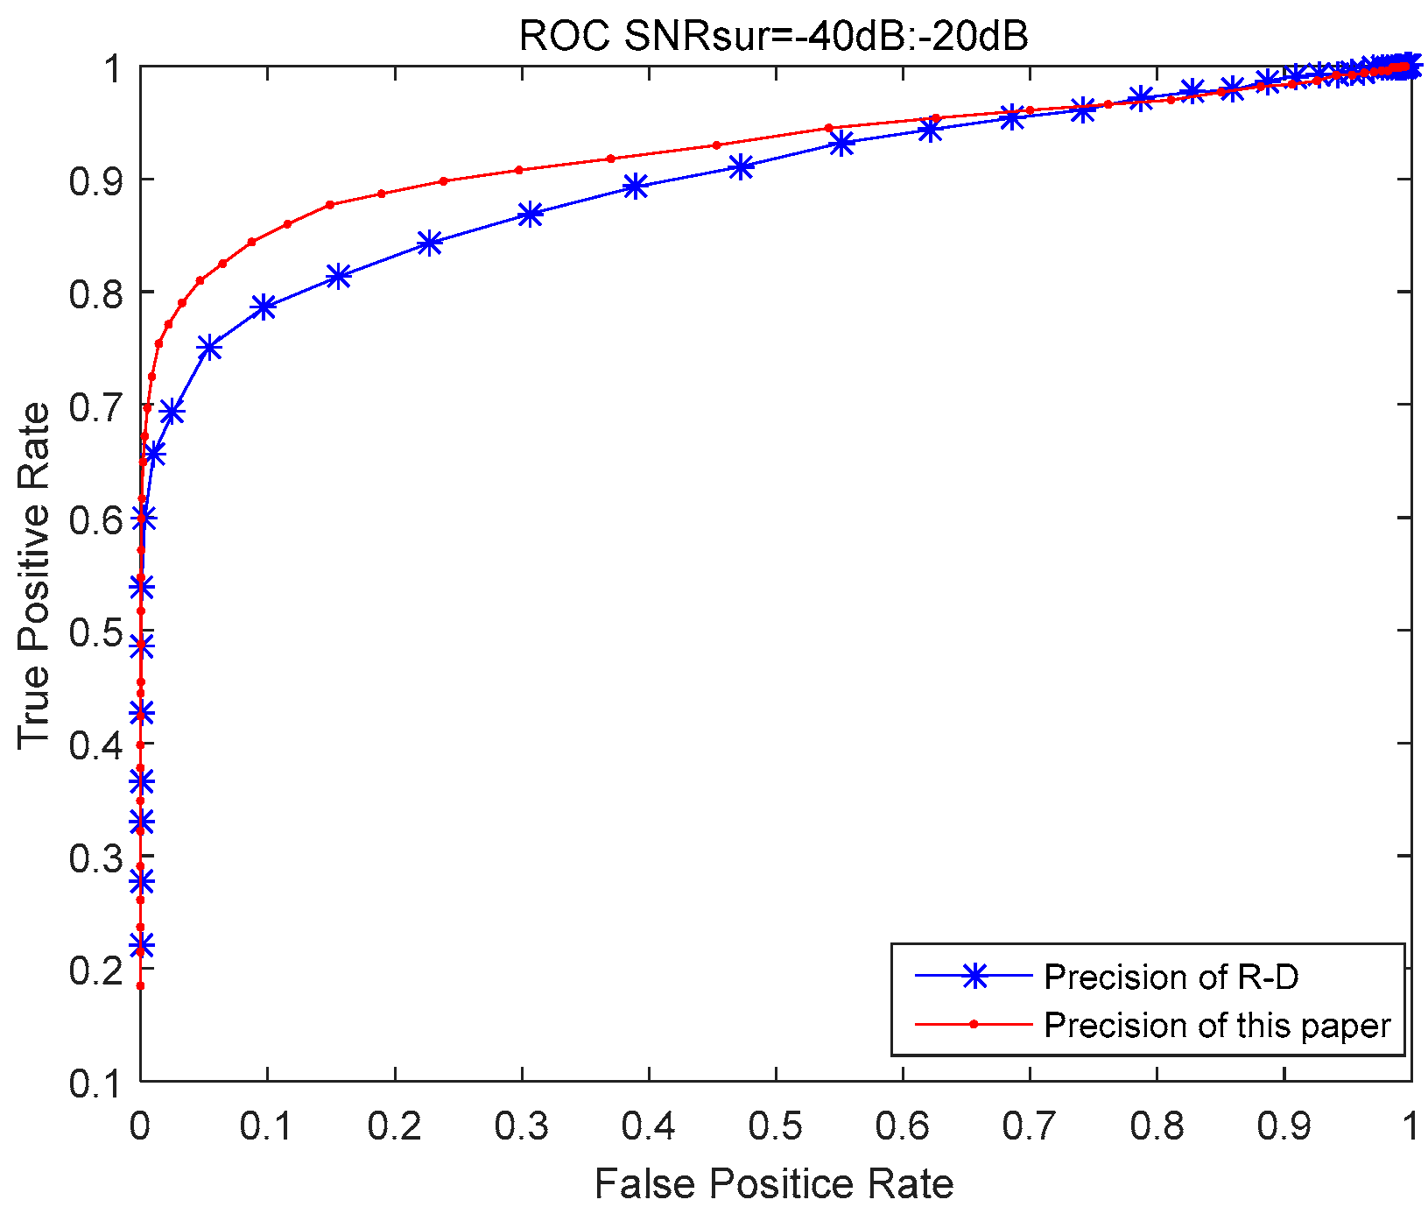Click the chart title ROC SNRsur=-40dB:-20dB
pos(773,36)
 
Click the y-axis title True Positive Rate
pos(35,575)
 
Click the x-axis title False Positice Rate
pos(773,1184)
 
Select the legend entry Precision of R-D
pos(1171,977)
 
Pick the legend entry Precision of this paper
pos(1217,1025)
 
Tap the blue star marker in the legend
pos(974,977)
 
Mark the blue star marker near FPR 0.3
pos(530,215)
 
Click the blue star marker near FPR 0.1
pos(264,307)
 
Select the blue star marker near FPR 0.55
pos(841,144)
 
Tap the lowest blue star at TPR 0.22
pos(141,945)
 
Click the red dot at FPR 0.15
pos(330,204)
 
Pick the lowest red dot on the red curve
pos(140,985)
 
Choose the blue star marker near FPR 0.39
pos(637,186)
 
